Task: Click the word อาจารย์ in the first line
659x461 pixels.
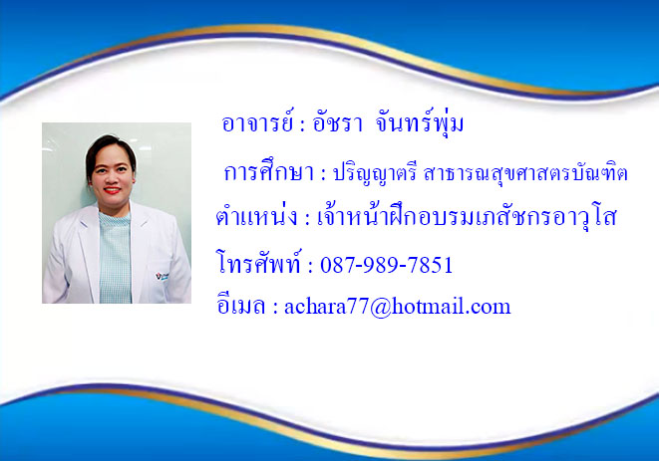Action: (257, 122)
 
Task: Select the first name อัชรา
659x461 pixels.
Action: (337, 123)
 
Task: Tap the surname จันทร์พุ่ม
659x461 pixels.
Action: (420, 123)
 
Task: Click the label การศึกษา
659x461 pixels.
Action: (269, 171)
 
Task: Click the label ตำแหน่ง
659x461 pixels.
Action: (256, 216)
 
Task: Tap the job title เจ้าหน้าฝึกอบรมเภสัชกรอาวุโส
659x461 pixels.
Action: (467, 217)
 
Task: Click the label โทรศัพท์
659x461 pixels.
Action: (259, 263)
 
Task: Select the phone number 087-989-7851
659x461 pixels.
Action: (386, 265)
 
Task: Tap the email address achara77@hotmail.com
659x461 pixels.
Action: (398, 307)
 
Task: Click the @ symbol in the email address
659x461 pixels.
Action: (381, 308)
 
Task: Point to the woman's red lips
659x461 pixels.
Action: (113, 190)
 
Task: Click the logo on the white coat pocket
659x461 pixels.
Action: (162, 276)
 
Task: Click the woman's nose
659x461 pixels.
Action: (113, 179)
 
